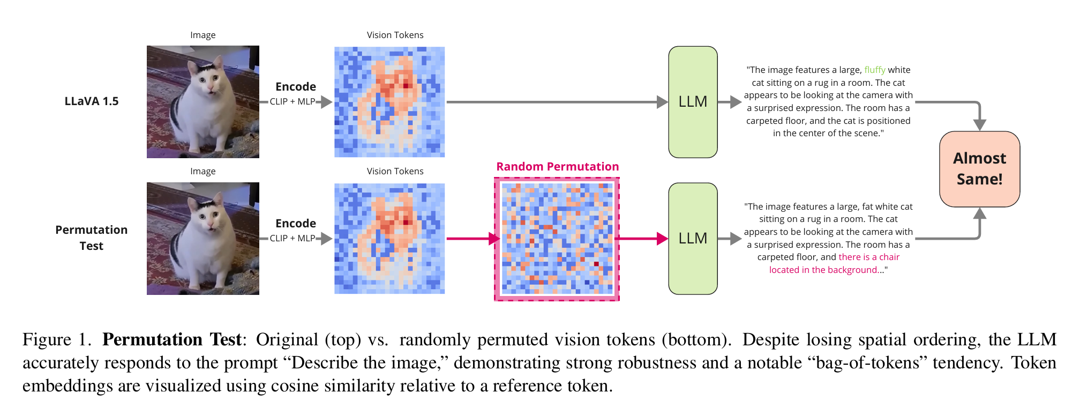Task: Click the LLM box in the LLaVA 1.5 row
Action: point(693,102)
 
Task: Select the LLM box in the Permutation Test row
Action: point(693,239)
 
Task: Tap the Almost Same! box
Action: point(979,169)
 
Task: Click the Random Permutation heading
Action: point(557,167)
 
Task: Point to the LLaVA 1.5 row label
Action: point(92,101)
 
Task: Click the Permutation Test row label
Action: point(92,238)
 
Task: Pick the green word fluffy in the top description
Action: point(875,70)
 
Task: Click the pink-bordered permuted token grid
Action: point(557,239)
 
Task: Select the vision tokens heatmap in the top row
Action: point(389,102)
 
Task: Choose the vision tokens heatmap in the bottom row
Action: point(389,239)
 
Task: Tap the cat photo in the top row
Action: point(203,102)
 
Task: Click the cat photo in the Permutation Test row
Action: point(203,239)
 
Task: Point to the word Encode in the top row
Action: point(296,87)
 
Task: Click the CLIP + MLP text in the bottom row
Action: point(293,238)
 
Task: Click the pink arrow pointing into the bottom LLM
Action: point(641,239)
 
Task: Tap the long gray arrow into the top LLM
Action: point(557,102)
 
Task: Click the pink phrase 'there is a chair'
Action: point(869,257)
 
